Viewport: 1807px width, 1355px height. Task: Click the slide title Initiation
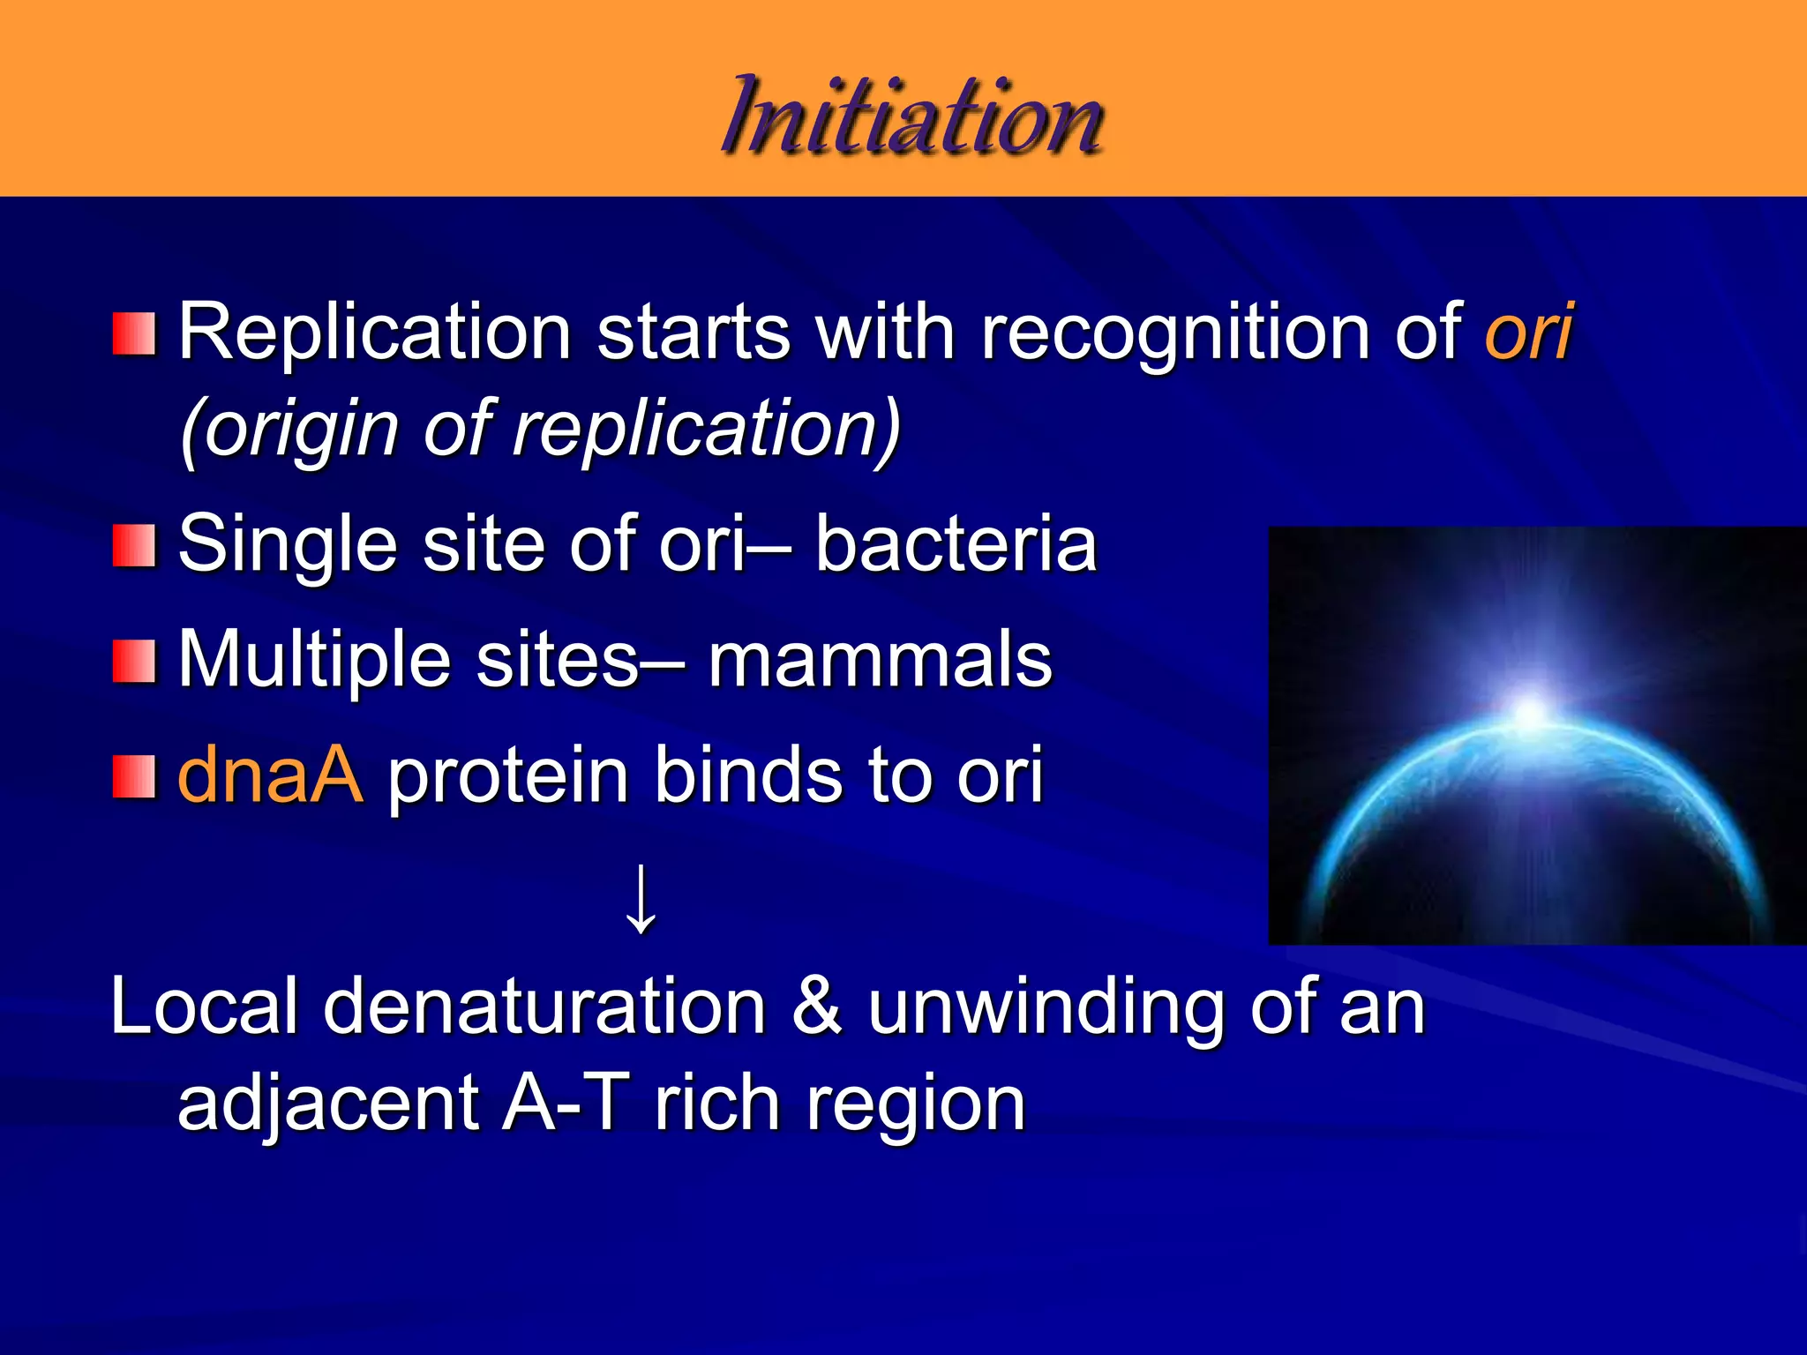pos(912,118)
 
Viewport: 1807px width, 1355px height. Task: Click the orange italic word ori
pos(1528,332)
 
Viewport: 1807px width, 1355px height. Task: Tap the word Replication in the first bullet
pos(375,333)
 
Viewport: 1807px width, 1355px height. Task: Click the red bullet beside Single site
pos(134,545)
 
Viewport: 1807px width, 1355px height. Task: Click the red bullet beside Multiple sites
pos(134,662)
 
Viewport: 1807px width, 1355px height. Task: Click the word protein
pos(508,776)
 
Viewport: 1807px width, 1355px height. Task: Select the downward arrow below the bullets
pos(641,900)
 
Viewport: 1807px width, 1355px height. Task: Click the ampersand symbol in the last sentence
pos(816,1007)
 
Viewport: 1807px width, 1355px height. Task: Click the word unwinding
pos(1046,1009)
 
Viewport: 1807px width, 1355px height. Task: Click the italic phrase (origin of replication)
pos(540,430)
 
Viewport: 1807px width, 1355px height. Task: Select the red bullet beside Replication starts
pos(134,333)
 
